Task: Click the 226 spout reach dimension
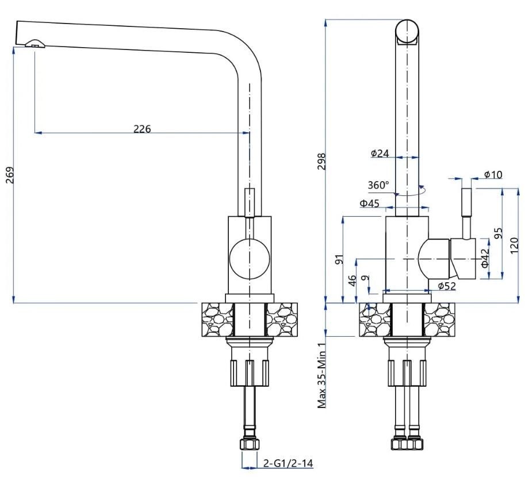(142, 129)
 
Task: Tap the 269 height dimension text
(10, 175)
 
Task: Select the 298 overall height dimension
(321, 161)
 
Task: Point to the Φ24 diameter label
(380, 153)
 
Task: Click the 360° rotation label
(378, 185)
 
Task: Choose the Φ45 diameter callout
(370, 203)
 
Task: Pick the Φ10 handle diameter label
(493, 174)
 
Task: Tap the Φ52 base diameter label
(447, 286)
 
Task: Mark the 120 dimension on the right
(515, 245)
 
